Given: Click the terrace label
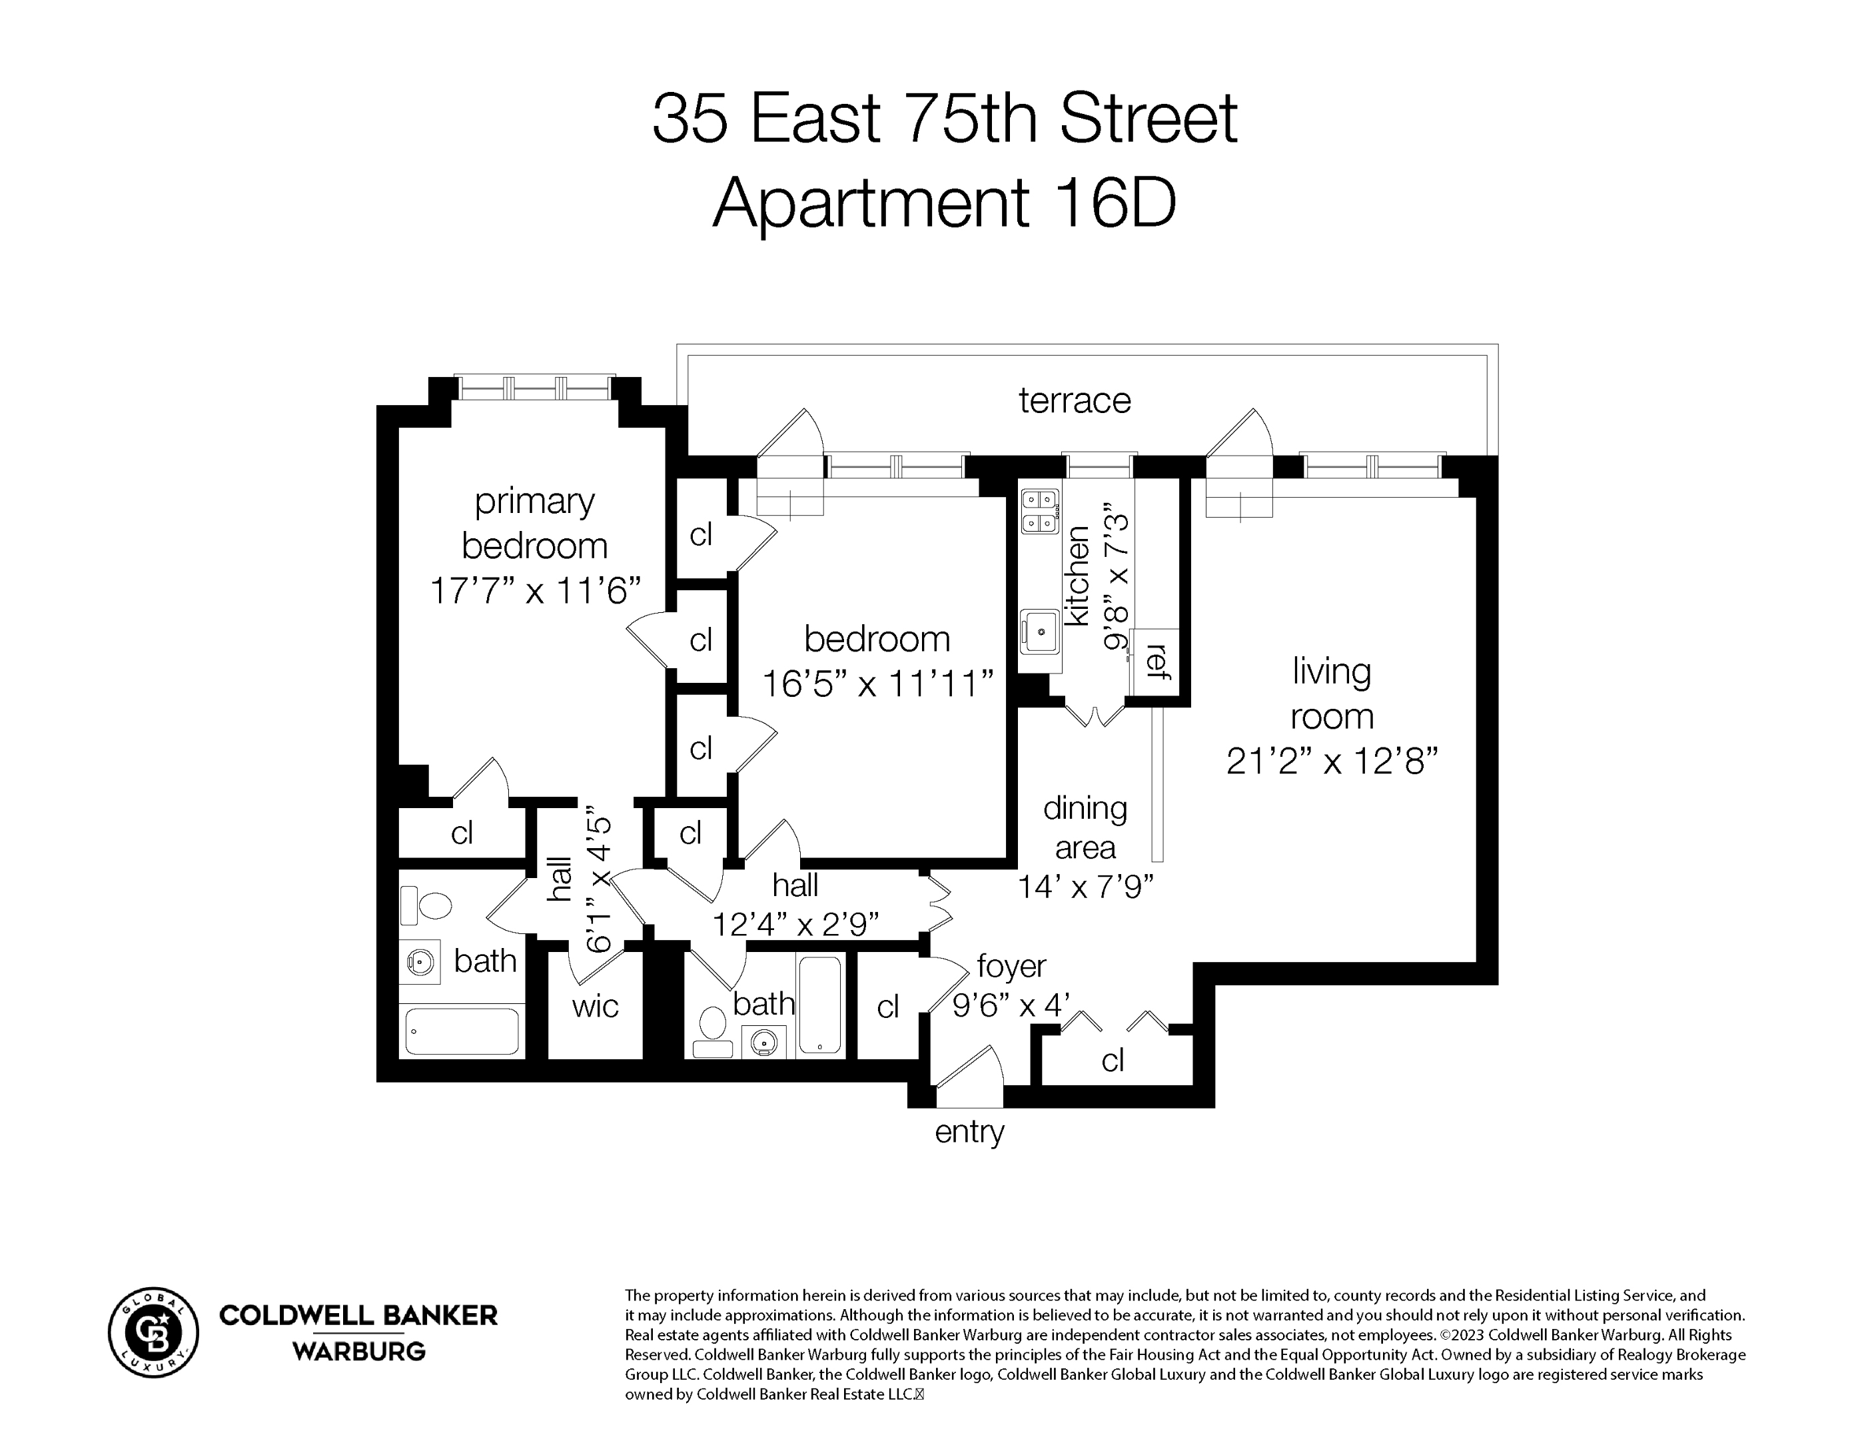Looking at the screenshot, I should click(1074, 400).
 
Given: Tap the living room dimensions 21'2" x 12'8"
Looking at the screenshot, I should click(1332, 761).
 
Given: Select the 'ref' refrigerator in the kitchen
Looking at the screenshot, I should click(1155, 662).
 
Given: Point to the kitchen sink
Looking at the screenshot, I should click(1040, 632).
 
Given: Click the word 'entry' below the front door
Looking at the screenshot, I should click(969, 1132).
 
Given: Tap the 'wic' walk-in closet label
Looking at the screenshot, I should click(594, 1006).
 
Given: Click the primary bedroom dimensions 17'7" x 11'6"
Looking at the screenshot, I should click(534, 590).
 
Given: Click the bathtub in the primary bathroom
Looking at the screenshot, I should click(461, 1031).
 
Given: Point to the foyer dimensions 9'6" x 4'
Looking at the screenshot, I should click(1011, 1005).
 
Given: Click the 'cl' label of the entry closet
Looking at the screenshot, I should click(1113, 1061).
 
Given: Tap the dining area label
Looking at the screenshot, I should click(1085, 827).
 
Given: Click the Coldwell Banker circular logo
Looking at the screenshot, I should click(153, 1332).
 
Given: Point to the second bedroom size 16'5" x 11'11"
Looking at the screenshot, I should click(877, 684).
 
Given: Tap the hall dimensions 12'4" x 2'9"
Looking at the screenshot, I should click(795, 923).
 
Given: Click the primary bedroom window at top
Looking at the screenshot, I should click(534, 388).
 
